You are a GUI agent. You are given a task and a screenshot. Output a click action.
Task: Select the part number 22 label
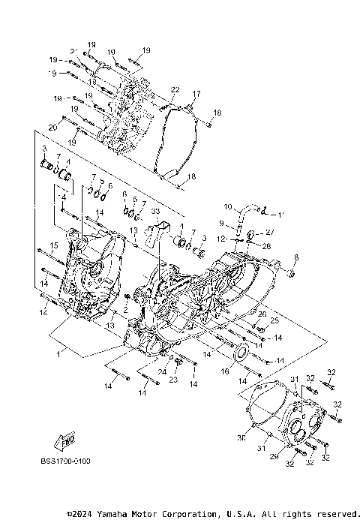click(175, 90)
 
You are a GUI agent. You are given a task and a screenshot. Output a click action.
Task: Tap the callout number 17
click(197, 94)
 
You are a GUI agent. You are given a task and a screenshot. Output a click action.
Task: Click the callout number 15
click(54, 245)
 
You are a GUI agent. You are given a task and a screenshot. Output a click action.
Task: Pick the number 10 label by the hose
click(228, 206)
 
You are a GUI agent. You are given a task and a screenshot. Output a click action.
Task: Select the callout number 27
click(269, 231)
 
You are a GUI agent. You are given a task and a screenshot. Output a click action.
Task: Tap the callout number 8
click(295, 258)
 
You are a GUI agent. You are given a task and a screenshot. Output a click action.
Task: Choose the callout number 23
click(174, 380)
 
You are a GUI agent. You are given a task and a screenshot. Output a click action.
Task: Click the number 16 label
click(225, 371)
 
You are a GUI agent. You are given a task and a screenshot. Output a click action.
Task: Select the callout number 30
click(242, 437)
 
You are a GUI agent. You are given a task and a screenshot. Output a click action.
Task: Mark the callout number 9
click(221, 223)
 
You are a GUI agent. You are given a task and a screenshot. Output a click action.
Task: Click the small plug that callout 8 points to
click(290, 272)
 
